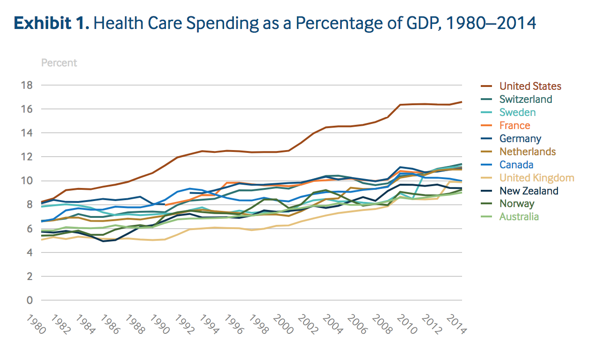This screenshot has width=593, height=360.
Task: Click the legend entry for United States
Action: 530,86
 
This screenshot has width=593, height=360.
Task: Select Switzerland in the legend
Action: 526,99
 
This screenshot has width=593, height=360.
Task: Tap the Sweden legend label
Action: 517,112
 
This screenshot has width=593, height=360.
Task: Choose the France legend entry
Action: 515,125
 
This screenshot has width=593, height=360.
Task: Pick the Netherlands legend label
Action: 528,151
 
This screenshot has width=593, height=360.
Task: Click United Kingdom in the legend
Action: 536,178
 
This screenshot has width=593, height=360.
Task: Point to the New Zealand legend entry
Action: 528,191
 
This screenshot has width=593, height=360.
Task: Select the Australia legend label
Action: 519,216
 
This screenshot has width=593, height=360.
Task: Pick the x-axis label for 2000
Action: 282,324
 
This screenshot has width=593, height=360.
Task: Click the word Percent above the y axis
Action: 59,63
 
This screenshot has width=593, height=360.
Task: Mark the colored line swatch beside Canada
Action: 488,165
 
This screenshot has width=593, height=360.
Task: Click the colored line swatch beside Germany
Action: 488,138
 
